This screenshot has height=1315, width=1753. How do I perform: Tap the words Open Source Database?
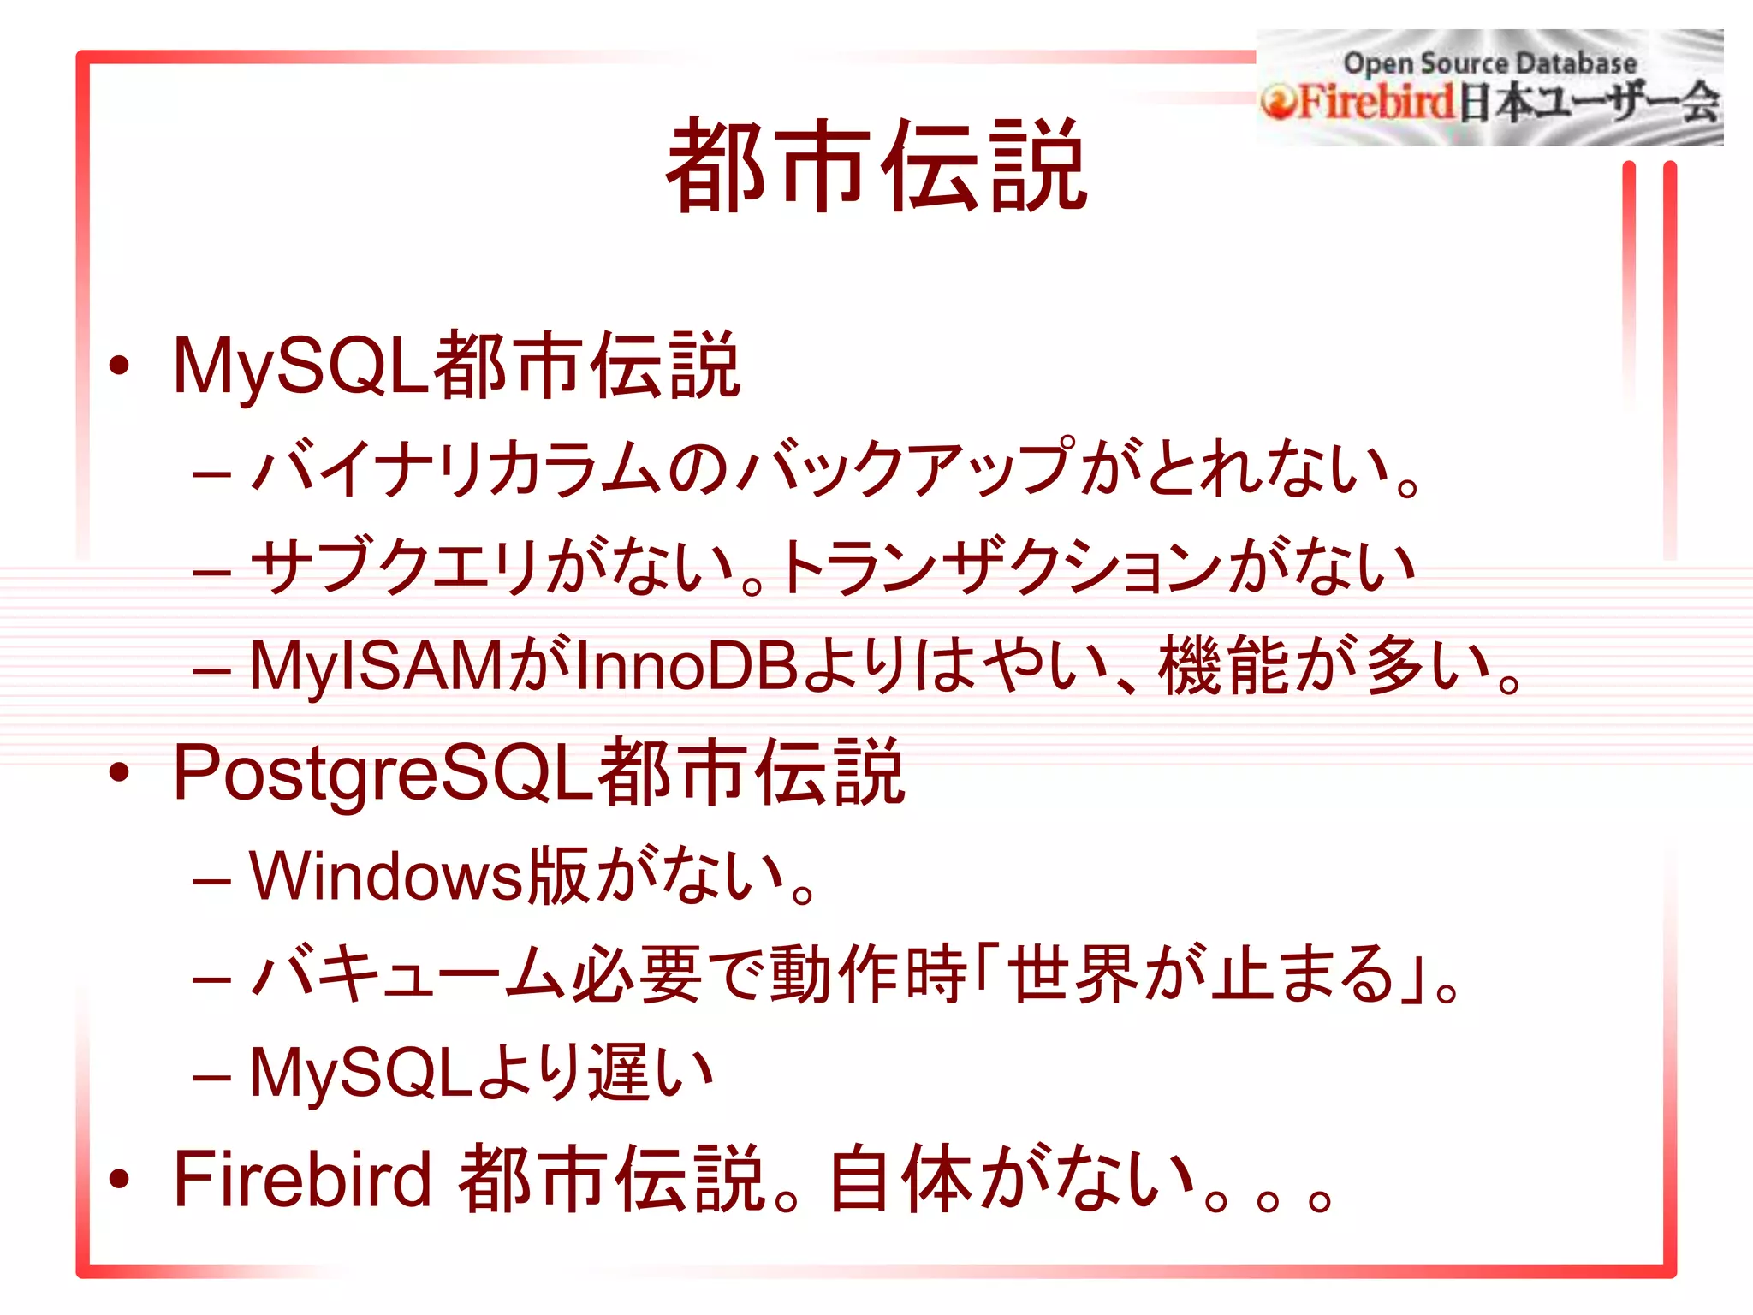[1489, 62]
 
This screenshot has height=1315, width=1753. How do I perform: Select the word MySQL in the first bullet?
[300, 366]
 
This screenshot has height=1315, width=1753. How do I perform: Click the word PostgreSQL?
[382, 773]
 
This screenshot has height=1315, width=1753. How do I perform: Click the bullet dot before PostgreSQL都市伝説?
[119, 773]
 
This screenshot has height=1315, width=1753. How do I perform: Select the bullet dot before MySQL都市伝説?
[119, 366]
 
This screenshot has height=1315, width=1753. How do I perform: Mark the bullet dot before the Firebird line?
[119, 1180]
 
